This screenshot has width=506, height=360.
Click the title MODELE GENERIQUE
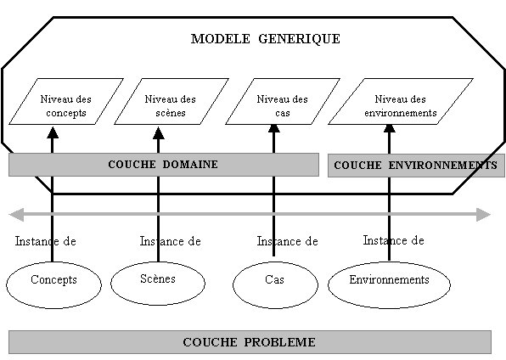(x=265, y=39)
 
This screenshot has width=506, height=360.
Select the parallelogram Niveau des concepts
(x=66, y=101)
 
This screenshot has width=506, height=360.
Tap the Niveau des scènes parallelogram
(x=171, y=101)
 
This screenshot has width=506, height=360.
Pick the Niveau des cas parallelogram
(x=283, y=101)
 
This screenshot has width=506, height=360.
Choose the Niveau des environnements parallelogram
(x=401, y=101)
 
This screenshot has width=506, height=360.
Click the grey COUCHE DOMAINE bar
(x=164, y=165)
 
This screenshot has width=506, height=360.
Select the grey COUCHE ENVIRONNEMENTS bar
(x=416, y=166)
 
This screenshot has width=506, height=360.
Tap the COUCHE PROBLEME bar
(x=250, y=342)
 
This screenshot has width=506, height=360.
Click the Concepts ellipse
(x=53, y=285)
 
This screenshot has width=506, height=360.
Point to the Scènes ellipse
(x=158, y=283)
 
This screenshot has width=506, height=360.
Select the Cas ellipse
(x=275, y=285)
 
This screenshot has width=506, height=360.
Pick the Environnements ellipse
(x=389, y=285)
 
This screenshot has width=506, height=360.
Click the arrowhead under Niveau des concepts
(x=53, y=132)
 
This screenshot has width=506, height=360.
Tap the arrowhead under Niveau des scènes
(x=159, y=133)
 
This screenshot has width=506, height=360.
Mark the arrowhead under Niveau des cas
(x=274, y=128)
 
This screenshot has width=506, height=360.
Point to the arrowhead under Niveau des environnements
(x=390, y=128)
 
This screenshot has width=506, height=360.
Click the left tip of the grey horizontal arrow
(x=9, y=215)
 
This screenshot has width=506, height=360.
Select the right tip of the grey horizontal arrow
(x=491, y=215)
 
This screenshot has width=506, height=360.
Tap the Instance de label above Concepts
(x=46, y=241)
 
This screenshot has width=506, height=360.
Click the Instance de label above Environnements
(x=393, y=240)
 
